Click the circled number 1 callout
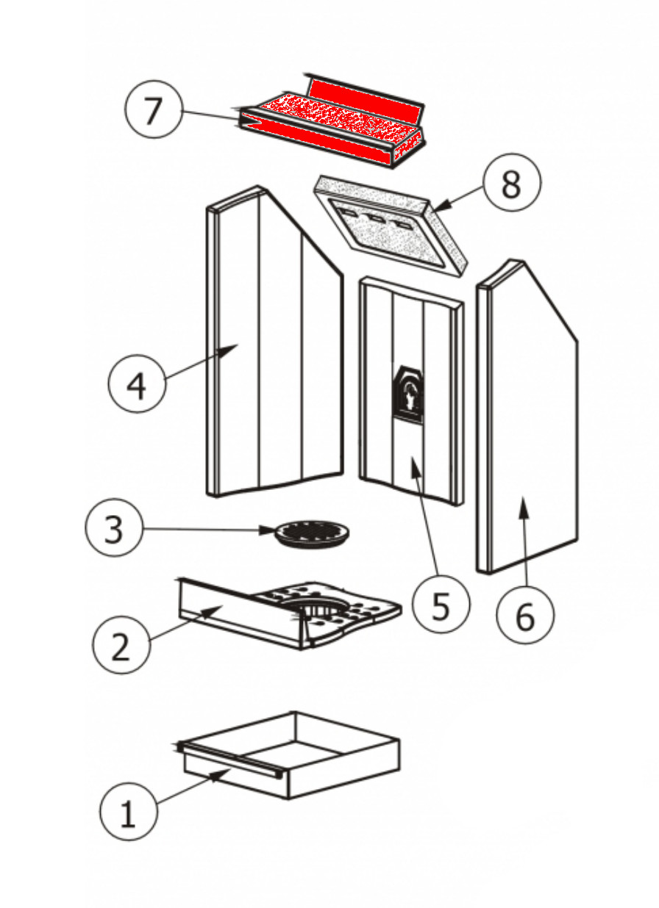pyautogui.click(x=128, y=812)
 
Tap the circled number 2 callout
pyautogui.click(x=121, y=645)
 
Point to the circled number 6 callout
pyautogui.click(x=524, y=616)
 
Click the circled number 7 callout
pyautogui.click(x=152, y=110)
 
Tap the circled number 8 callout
pyautogui.click(x=511, y=184)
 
